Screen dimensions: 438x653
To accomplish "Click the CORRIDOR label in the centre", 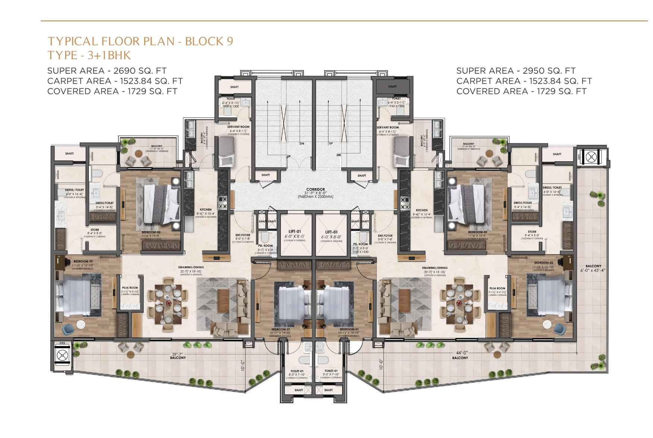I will [316, 190].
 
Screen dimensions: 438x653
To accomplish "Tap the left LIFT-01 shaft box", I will [297, 234].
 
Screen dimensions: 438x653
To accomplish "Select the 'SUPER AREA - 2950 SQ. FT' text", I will [516, 71].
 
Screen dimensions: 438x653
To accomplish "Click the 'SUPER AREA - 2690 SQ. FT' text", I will [107, 71].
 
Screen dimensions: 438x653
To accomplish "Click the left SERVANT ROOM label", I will [239, 127].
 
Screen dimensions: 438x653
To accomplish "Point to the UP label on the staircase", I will [331, 143].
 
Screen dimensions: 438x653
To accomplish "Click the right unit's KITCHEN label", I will [422, 210].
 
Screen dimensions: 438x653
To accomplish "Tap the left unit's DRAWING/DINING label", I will [193, 267].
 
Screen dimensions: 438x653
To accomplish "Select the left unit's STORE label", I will [95, 230].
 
